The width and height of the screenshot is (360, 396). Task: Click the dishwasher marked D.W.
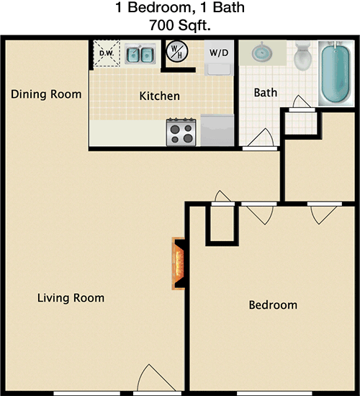click(x=107, y=53)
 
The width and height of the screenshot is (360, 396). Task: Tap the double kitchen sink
click(x=140, y=54)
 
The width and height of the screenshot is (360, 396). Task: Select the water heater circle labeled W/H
click(x=177, y=52)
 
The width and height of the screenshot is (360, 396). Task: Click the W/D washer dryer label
click(x=219, y=53)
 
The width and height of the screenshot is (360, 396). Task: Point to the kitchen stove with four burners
click(x=181, y=132)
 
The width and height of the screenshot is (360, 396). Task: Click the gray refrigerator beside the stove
click(x=217, y=130)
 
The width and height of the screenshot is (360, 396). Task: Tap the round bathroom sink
click(x=262, y=53)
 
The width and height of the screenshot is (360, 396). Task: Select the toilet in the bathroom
click(x=303, y=56)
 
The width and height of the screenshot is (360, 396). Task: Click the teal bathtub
click(x=336, y=73)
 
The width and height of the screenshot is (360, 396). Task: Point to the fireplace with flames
click(x=179, y=264)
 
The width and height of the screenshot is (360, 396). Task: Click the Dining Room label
click(x=46, y=94)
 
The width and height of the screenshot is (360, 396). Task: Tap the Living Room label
click(x=71, y=298)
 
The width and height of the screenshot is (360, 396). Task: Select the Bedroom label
click(x=273, y=305)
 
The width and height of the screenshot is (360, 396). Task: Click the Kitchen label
click(x=160, y=96)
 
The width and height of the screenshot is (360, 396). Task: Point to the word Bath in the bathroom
click(x=266, y=92)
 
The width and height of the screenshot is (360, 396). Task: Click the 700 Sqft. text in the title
click(x=180, y=25)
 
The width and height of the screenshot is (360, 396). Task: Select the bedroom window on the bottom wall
click(x=274, y=393)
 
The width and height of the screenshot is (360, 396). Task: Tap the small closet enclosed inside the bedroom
click(x=222, y=223)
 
